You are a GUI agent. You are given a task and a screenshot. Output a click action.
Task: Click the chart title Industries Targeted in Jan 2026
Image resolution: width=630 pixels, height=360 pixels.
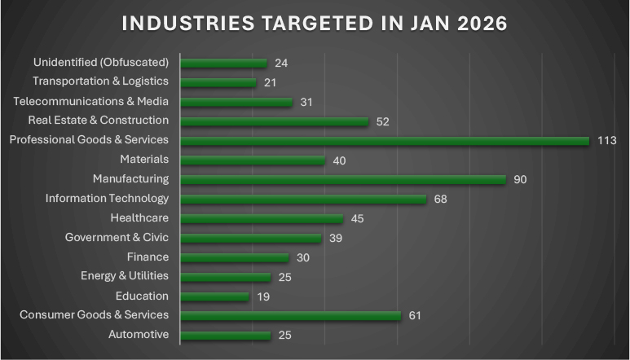pyautogui.click(x=315, y=23)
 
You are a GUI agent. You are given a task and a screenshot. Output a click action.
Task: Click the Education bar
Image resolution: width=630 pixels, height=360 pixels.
pyautogui.click(x=215, y=296)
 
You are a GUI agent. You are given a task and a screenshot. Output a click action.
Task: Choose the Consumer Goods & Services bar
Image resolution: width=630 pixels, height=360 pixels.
pyautogui.click(x=291, y=316)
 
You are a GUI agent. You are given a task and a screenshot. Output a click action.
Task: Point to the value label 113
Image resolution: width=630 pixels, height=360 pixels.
pyautogui.click(x=606, y=141)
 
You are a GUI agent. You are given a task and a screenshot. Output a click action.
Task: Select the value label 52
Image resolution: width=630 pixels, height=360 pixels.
pyautogui.click(x=383, y=121)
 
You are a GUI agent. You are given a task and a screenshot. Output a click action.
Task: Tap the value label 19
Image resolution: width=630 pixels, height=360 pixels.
pyautogui.click(x=263, y=296)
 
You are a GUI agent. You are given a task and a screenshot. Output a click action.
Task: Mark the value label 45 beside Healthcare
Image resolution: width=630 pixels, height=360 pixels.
pyautogui.click(x=357, y=219)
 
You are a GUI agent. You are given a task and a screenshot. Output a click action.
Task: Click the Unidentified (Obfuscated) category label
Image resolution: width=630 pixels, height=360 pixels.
pyautogui.click(x=101, y=62)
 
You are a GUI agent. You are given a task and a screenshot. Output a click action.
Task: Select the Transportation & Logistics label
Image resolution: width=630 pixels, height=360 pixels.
pyautogui.click(x=100, y=81)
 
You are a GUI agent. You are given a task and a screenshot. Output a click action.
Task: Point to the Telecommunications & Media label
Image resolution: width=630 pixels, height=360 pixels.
pyautogui.click(x=91, y=101)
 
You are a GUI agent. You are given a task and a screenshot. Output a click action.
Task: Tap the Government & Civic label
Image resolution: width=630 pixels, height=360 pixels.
pyautogui.click(x=117, y=238)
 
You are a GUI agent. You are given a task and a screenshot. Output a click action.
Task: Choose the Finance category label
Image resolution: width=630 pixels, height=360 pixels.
pyautogui.click(x=148, y=257)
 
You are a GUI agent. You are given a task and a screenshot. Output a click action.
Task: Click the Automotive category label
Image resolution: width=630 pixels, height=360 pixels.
pyautogui.click(x=139, y=335)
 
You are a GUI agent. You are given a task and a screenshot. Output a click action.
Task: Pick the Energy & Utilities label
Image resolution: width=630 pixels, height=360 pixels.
pyautogui.click(x=125, y=276)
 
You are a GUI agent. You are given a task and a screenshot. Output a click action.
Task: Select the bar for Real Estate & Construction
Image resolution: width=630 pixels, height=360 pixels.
pyautogui.click(x=275, y=121)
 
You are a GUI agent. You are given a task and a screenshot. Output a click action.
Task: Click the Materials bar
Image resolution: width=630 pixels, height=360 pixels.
pyautogui.click(x=253, y=160)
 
